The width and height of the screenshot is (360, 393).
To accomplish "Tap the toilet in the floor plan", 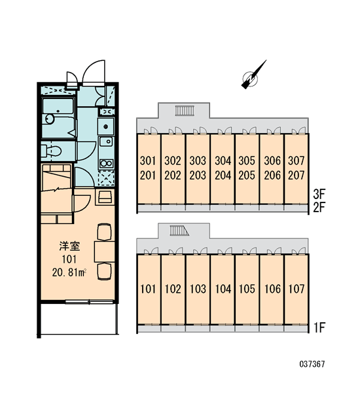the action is (x=52, y=151).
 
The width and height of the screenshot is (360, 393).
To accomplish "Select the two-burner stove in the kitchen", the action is (x=107, y=163).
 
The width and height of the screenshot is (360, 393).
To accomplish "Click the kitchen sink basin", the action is (x=106, y=141).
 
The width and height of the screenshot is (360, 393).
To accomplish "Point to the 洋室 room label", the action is (x=69, y=246).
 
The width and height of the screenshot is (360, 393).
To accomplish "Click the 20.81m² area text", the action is (x=69, y=272).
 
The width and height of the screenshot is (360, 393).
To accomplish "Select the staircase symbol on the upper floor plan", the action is (x=185, y=111).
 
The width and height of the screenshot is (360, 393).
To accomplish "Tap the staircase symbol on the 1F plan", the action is (x=179, y=231).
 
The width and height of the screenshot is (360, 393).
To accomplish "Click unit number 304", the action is (x=223, y=160).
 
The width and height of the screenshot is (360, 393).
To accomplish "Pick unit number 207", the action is (x=296, y=175).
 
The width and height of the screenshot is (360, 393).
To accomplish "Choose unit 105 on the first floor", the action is (x=247, y=289).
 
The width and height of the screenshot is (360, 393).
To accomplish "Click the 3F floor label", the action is (x=319, y=194).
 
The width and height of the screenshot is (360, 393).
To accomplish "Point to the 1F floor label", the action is (x=319, y=327).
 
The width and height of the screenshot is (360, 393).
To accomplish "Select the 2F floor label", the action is (x=319, y=207).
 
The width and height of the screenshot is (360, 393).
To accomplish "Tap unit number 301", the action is (x=148, y=160).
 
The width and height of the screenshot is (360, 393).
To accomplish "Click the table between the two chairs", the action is (x=105, y=252).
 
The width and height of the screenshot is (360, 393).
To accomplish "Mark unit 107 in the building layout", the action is (x=297, y=289).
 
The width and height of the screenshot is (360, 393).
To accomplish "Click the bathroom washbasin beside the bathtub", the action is (x=49, y=119).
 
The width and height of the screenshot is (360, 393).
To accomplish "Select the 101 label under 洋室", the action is (x=69, y=259).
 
